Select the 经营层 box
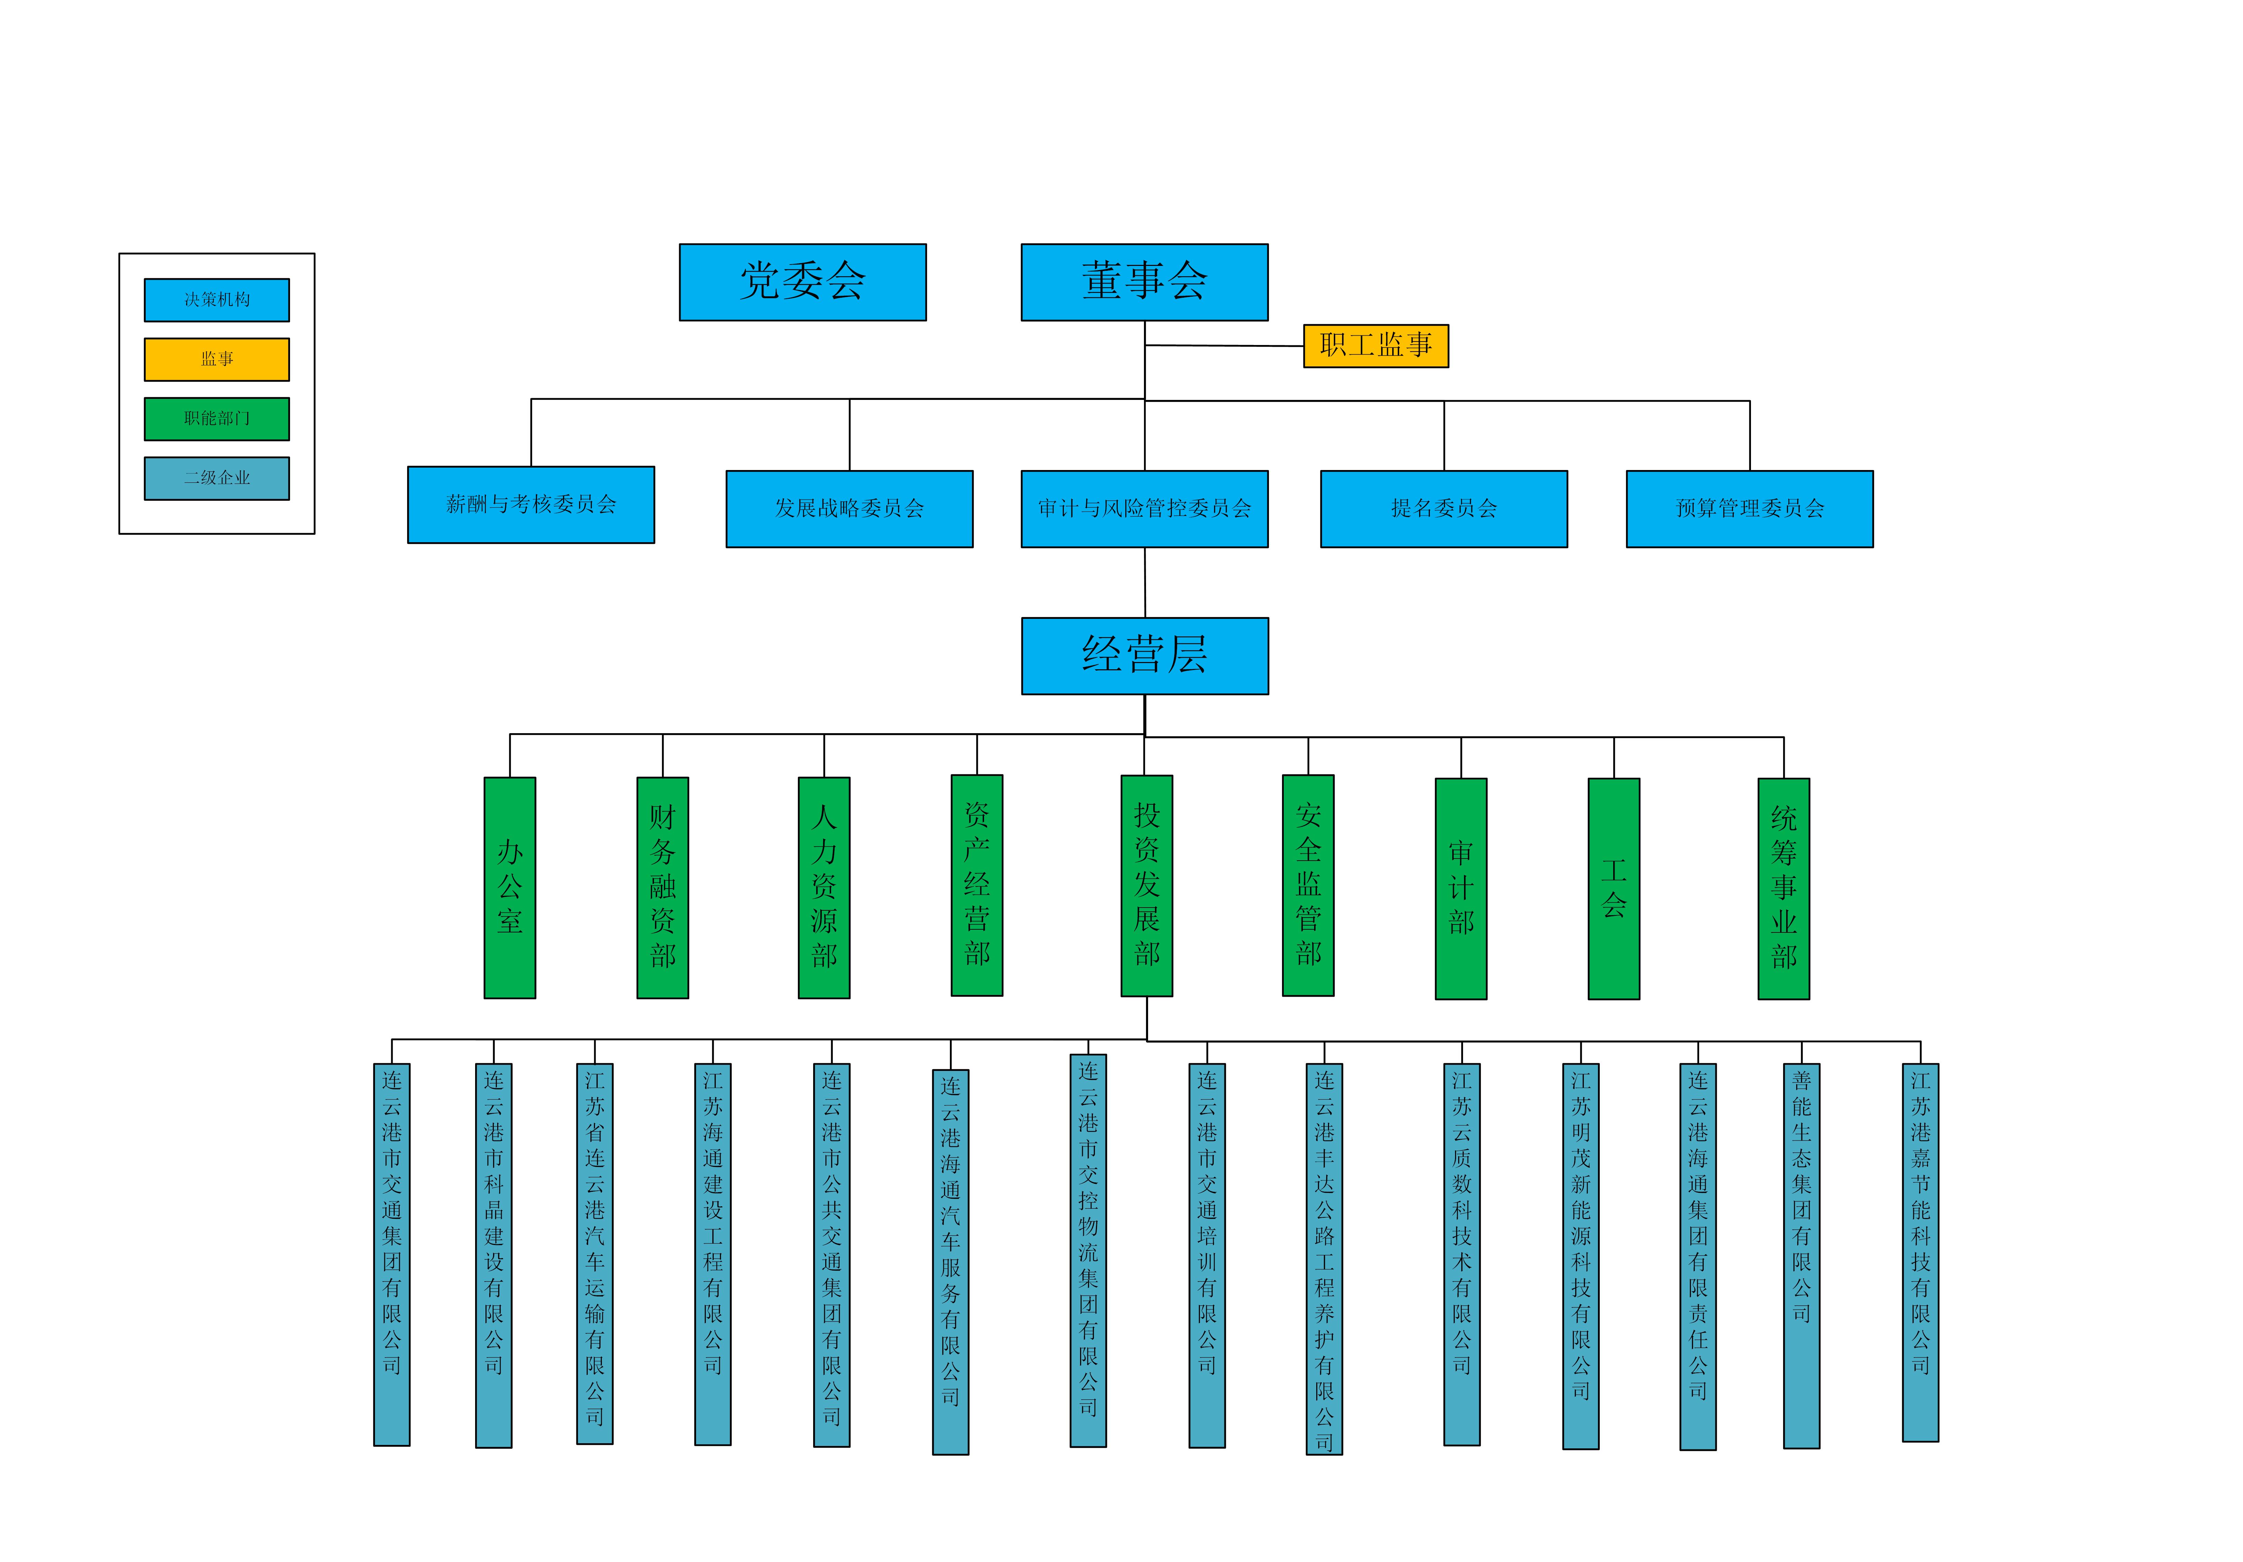(1144, 655)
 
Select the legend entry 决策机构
(217, 300)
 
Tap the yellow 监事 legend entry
(217, 360)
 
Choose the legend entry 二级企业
(217, 478)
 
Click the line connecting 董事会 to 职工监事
(1224, 345)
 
